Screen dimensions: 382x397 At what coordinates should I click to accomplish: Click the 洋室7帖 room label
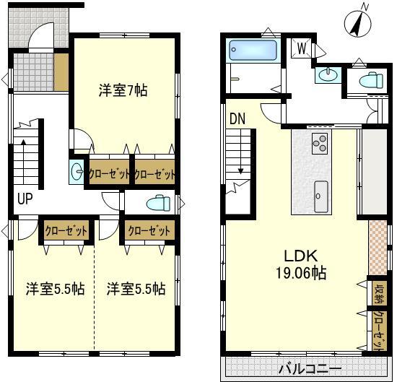[123, 91]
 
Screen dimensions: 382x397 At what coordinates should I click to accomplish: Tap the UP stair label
[25, 199]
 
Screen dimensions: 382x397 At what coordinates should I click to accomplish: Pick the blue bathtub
[253, 51]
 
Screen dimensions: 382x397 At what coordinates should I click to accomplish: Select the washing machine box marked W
[302, 48]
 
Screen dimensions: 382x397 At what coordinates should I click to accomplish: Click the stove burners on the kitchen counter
[319, 143]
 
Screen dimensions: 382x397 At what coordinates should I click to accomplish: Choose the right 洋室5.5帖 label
[136, 289]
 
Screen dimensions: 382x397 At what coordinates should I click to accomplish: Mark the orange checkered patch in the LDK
[378, 245]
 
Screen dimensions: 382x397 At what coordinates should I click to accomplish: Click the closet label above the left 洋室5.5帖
[66, 231]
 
